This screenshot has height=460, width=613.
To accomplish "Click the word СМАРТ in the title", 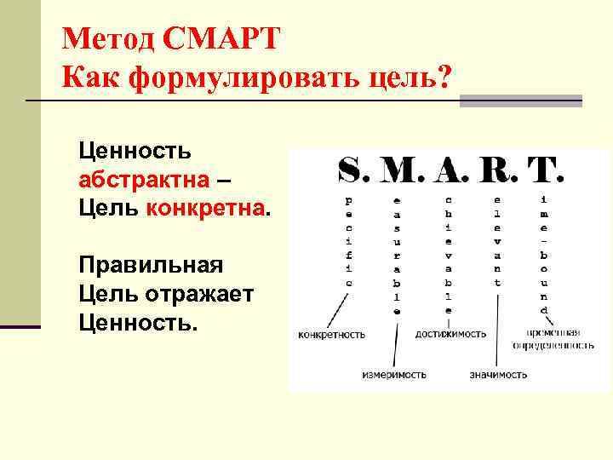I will [x=219, y=39].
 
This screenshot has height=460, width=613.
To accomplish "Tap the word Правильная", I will [x=150, y=265].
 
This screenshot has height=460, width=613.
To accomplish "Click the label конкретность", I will [x=331, y=335].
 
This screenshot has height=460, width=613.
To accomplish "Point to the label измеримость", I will [x=393, y=374].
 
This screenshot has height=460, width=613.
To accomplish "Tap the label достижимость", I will [x=450, y=335].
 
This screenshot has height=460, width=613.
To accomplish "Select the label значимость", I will [x=498, y=374].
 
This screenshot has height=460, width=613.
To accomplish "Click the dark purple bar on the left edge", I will [x=20, y=326].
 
